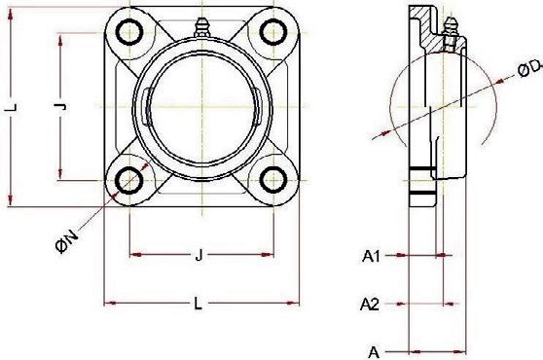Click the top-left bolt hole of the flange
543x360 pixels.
coord(129,32)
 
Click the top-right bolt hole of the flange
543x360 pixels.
coord(273,32)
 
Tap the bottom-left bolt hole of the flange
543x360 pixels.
coord(129,180)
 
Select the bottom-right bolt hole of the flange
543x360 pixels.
coord(273,180)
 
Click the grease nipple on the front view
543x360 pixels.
coord(201,27)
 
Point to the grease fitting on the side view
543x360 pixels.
coord(450,32)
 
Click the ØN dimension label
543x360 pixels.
coord(66,242)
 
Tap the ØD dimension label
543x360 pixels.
coord(529,68)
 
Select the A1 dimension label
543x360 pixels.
coord(371,257)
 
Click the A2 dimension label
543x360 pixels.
coord(370,305)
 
